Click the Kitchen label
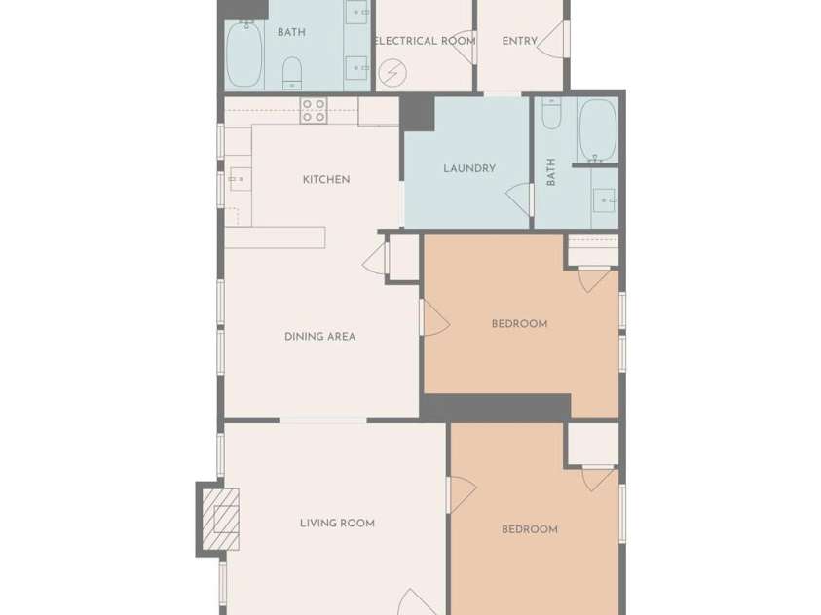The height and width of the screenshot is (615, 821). point(325,180)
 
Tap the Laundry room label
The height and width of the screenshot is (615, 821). point(469,168)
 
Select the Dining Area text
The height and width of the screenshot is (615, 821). point(319,337)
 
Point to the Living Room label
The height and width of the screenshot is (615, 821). point(337,524)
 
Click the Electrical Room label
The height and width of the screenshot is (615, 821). point(425,41)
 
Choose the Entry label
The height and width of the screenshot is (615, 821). point(519,41)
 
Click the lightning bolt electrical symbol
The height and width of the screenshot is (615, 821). point(392,73)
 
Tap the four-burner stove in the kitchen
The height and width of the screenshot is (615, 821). point(313,110)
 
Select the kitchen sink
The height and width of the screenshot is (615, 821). point(237,180)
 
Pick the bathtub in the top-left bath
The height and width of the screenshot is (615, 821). point(243,54)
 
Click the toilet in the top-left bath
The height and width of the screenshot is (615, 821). point(292,71)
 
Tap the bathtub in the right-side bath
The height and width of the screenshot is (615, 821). point(596,129)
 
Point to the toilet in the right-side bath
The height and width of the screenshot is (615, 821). point(551,115)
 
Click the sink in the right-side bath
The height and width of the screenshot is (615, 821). point(605,201)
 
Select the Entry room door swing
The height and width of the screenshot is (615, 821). point(550,41)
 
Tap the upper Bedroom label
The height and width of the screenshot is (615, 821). point(519,324)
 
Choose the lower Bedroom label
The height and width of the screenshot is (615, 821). point(529,530)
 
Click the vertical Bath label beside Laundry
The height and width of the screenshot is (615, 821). point(551,173)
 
